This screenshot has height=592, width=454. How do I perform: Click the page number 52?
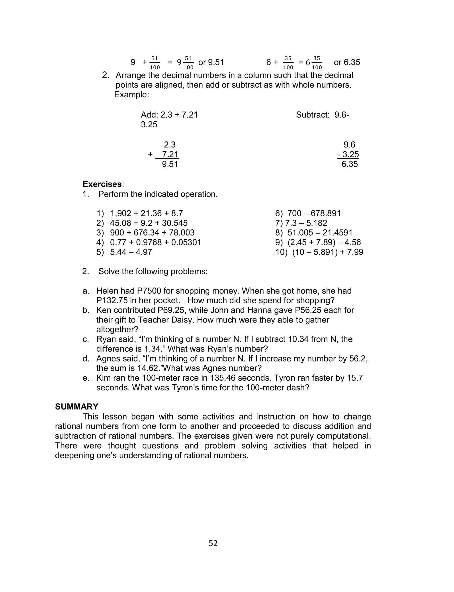click(213, 543)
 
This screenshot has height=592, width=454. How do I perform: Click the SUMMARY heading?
click(77, 407)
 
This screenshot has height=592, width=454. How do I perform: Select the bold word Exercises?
click(102, 184)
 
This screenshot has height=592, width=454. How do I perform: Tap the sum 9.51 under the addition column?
click(170, 164)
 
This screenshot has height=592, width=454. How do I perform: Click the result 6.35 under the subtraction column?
click(349, 164)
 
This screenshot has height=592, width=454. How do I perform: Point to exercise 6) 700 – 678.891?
click(308, 213)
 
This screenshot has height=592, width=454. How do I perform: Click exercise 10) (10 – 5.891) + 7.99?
click(319, 252)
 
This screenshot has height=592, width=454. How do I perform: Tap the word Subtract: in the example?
click(313, 115)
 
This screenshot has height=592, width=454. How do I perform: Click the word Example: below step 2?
click(132, 95)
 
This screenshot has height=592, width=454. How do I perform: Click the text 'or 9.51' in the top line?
click(211, 63)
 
